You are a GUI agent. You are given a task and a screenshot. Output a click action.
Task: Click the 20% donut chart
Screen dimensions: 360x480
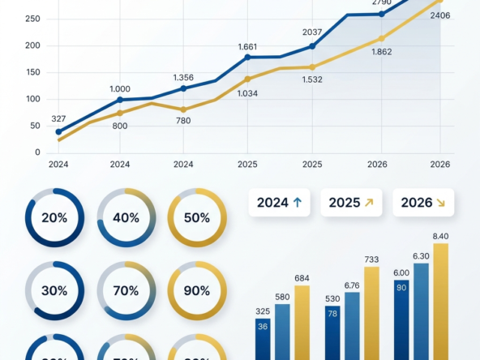point(54,218)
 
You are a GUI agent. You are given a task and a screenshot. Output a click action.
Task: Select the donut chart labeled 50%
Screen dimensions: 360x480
point(197,218)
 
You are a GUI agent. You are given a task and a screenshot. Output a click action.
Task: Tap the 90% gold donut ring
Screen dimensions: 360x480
point(197,289)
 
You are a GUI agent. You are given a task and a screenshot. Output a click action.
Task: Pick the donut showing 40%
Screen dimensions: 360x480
point(126,218)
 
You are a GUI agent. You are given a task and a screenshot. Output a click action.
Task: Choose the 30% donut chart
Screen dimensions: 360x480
point(54,289)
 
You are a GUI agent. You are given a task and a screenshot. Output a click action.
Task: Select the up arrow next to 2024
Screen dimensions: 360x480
point(297,203)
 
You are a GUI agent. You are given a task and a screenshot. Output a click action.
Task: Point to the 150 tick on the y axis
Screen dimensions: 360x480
point(32,72)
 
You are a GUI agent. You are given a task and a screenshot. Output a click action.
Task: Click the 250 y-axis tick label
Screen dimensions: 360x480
point(32,19)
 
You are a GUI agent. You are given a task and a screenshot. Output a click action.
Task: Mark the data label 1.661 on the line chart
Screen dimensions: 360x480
point(247,46)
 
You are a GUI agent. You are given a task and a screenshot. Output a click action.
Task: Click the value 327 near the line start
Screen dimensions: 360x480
point(58,118)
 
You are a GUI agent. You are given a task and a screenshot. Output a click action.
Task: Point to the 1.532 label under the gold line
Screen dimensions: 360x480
point(312,79)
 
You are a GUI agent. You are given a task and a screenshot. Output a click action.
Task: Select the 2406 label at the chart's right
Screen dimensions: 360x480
point(440,15)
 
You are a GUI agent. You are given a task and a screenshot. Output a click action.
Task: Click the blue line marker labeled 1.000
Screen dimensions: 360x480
point(120,100)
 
